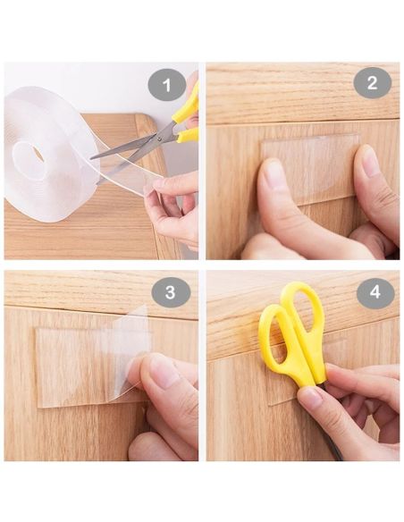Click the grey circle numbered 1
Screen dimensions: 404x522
click(x=167, y=85)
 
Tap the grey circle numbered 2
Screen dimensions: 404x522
click(x=372, y=83)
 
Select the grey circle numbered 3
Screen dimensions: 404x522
click(x=171, y=292)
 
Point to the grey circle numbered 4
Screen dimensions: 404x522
click(x=375, y=292)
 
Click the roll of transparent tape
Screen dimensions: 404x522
click(x=50, y=153)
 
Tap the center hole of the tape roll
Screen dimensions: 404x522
click(x=38, y=154)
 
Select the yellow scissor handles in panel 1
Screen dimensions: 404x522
click(x=187, y=114)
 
